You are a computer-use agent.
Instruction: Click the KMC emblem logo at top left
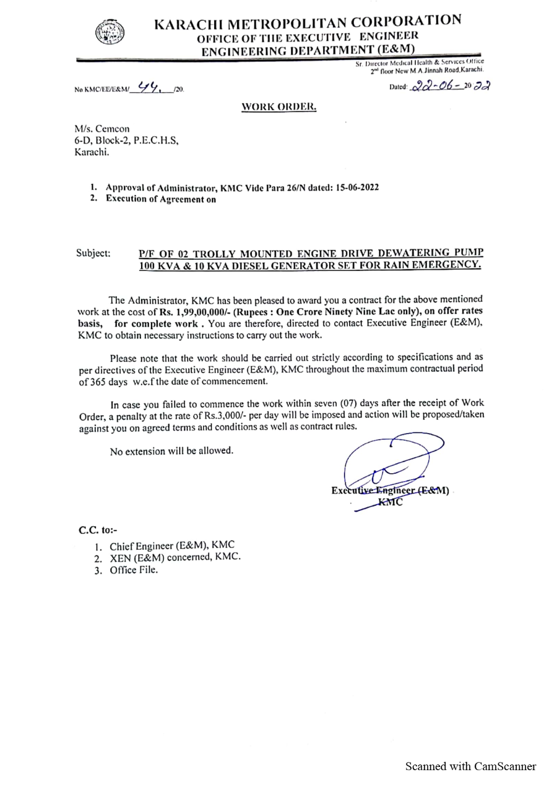click(x=110, y=32)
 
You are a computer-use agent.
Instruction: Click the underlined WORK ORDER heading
click(x=278, y=106)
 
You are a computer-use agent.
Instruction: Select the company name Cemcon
click(x=112, y=129)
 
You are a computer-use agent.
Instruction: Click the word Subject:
click(x=93, y=253)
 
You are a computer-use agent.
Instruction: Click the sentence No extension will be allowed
click(x=171, y=451)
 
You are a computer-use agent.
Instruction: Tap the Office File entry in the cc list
click(x=134, y=570)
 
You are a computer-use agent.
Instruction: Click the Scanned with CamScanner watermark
click(x=470, y=766)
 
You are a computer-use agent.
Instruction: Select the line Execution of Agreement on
click(x=160, y=199)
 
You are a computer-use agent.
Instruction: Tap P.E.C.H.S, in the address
click(x=155, y=140)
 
